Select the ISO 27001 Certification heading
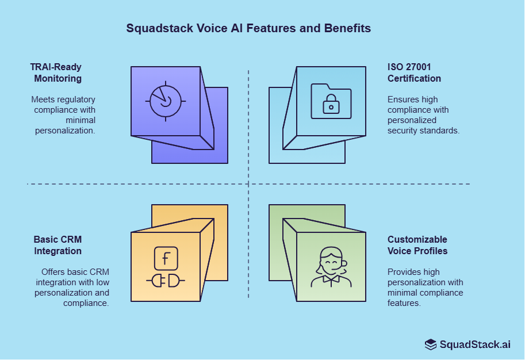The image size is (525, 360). click(x=414, y=72)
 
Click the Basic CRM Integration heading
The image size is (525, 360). click(x=58, y=245)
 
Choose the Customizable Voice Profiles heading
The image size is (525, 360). click(x=417, y=245)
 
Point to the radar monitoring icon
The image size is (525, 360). click(x=166, y=101)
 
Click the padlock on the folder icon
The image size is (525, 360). click(x=330, y=105)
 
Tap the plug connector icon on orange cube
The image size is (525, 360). click(x=166, y=281)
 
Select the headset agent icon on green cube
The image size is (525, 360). click(x=331, y=268)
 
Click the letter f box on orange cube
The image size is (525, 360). click(x=166, y=259)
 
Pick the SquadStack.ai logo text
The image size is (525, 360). click(x=474, y=344)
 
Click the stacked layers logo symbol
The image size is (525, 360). click(x=431, y=344)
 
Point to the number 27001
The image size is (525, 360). click(x=417, y=67)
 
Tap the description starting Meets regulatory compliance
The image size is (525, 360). click(x=63, y=115)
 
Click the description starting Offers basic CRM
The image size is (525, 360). click(x=72, y=287)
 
